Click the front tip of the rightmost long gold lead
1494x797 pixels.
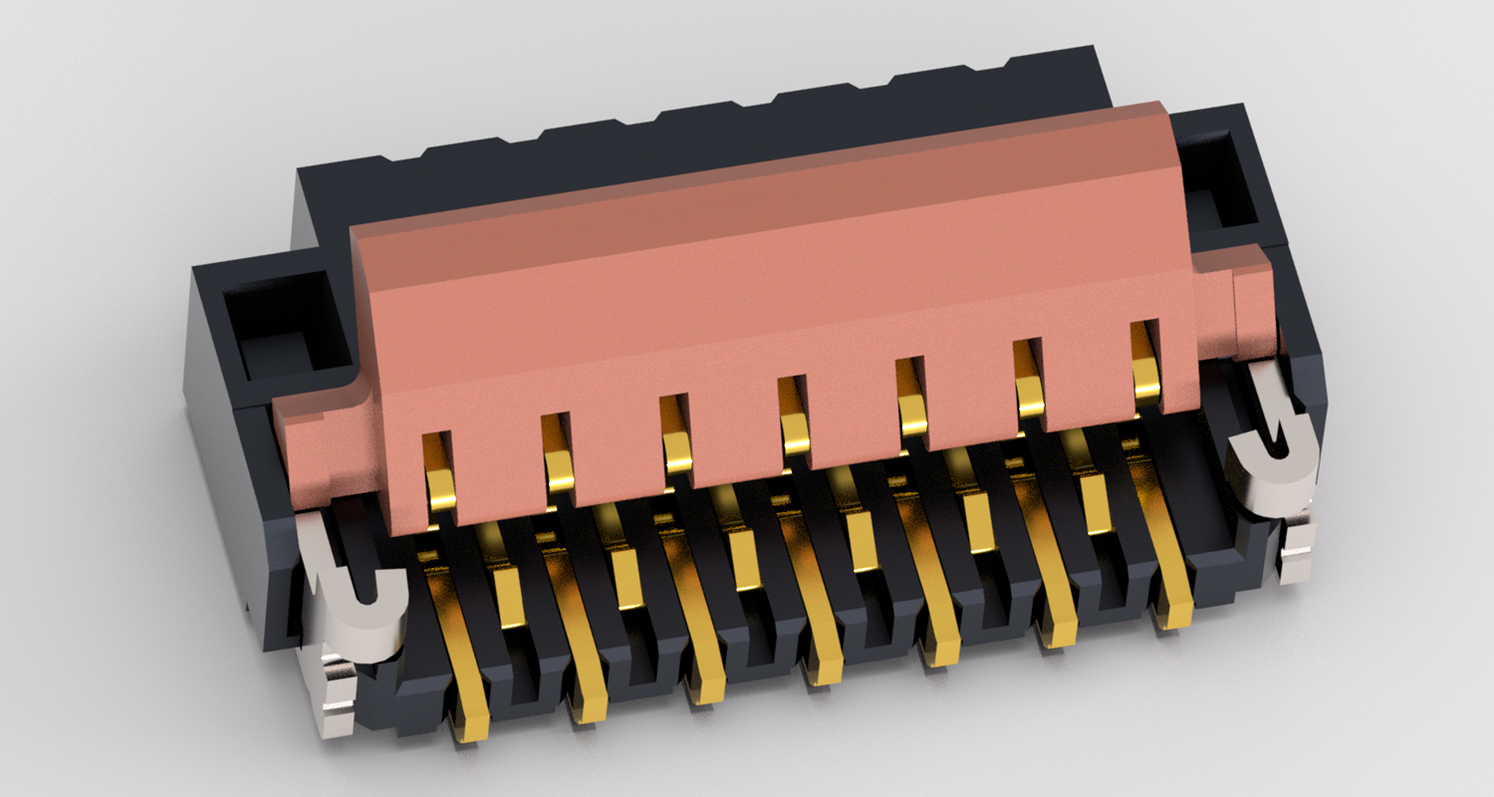pyautogui.click(x=1176, y=613)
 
